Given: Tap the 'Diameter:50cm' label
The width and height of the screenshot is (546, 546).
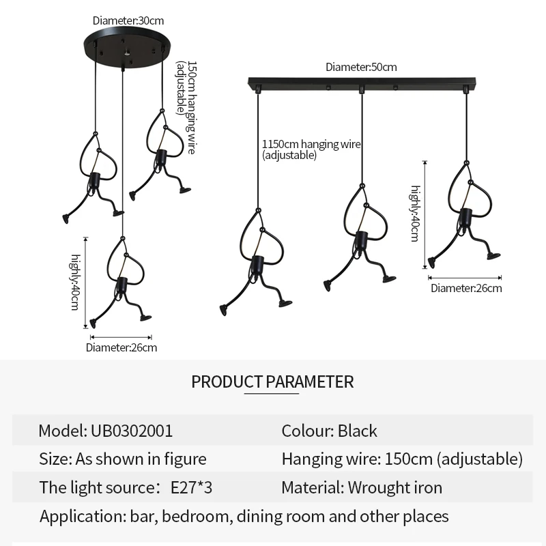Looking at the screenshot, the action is (x=361, y=67).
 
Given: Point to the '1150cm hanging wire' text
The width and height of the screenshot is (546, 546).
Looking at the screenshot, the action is (x=311, y=145).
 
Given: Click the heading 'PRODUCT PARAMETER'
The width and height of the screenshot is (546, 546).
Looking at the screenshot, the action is (x=272, y=382).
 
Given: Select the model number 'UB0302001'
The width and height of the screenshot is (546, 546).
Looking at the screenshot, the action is (x=132, y=431).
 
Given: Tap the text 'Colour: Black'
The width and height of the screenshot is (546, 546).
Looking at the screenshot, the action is (x=329, y=431).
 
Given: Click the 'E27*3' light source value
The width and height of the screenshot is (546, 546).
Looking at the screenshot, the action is (x=192, y=488).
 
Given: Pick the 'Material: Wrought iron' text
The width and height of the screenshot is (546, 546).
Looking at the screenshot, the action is (x=362, y=488).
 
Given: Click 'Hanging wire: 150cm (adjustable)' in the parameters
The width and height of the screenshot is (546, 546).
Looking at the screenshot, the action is (x=402, y=459).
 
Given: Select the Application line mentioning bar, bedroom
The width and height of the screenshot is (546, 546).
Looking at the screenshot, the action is (x=244, y=516).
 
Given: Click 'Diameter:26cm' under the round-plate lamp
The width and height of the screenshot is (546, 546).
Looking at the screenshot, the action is (x=121, y=348).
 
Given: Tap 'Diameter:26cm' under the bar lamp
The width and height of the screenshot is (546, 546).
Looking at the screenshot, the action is (x=466, y=288).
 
